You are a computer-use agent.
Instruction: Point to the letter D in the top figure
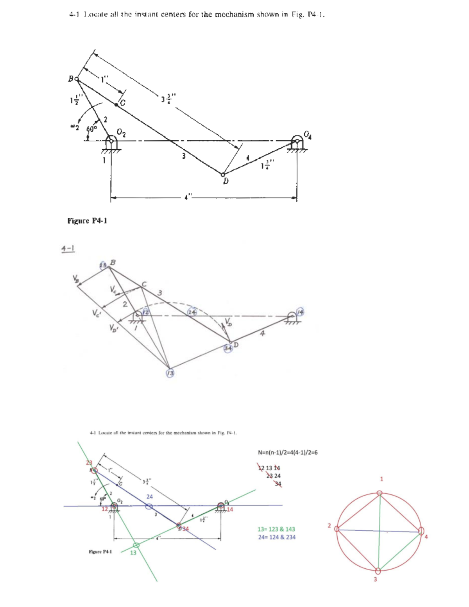[x=226, y=182]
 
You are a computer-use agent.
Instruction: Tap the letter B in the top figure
[x=71, y=79]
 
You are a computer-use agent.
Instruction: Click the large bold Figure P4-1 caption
[x=88, y=221]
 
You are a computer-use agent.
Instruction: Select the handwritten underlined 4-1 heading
[x=68, y=248]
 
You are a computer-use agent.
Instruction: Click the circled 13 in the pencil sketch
[x=170, y=373]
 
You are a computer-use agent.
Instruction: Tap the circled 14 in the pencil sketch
[x=300, y=312]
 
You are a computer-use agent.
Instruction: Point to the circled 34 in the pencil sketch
[x=228, y=347]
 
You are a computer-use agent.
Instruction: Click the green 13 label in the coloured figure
[x=133, y=553]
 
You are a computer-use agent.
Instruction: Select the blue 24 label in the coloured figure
[x=150, y=497]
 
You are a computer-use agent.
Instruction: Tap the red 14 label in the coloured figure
[x=230, y=509]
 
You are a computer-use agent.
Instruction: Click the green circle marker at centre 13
[x=136, y=545]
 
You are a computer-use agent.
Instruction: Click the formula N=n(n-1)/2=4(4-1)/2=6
[x=288, y=453]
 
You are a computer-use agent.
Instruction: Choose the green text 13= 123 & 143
[x=276, y=529]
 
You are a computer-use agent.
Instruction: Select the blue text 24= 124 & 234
[x=276, y=537]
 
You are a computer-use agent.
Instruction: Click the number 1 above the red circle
[x=382, y=479]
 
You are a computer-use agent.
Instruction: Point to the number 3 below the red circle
[x=375, y=579]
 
